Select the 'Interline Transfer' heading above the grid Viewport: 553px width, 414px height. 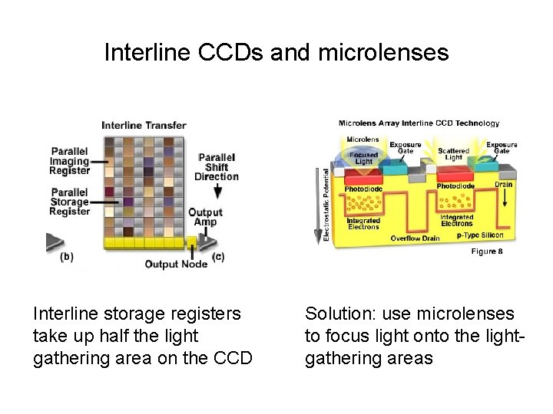144,126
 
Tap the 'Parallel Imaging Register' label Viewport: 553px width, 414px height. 70,161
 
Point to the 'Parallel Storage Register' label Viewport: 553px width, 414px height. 70,202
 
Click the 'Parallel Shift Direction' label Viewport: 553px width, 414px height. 217,166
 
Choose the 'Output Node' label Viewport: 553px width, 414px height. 176,264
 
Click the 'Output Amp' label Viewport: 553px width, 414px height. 205,218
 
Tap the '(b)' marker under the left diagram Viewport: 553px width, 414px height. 67,257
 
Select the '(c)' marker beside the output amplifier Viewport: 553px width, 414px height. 218,257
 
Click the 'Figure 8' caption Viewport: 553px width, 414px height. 487,251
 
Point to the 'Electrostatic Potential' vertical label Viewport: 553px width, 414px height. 326,205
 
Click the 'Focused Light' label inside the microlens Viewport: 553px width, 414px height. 363,158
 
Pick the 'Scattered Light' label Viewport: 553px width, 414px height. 453,154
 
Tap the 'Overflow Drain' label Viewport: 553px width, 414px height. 416,238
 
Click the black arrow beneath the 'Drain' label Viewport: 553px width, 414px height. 505,199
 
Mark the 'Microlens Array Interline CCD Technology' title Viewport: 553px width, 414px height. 419,123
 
